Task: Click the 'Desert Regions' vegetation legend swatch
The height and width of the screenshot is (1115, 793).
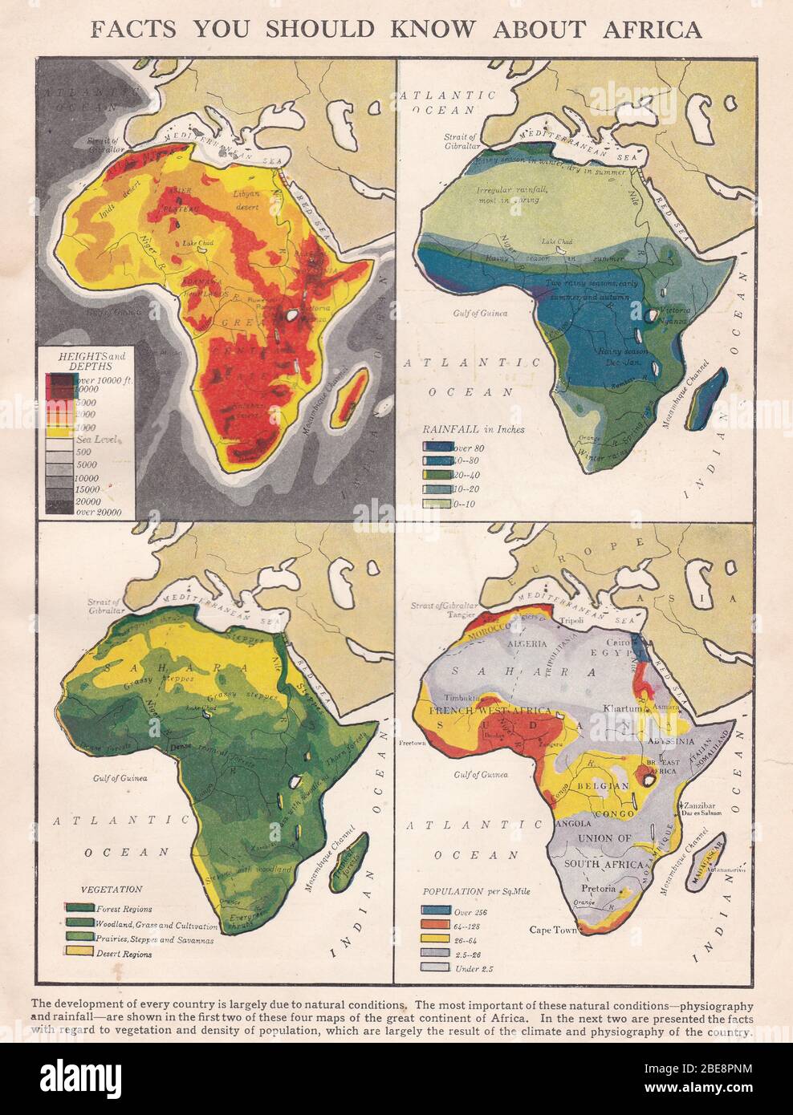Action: [78, 953]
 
